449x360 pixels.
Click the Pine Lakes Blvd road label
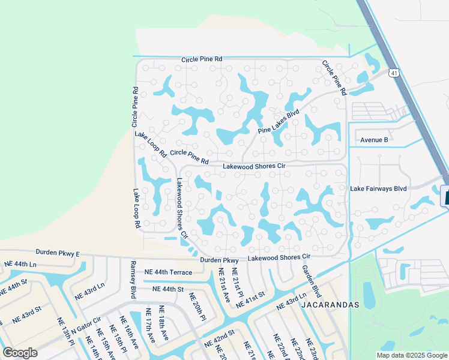click(x=279, y=122)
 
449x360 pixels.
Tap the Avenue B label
click(x=374, y=140)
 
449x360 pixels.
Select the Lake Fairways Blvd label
click(x=378, y=188)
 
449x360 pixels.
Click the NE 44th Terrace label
click(x=168, y=272)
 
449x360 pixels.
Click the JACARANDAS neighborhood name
click(x=331, y=305)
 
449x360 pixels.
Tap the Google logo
click(x=20, y=352)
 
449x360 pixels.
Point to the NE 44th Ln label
click(x=20, y=264)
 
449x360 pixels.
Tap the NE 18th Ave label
click(x=161, y=323)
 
